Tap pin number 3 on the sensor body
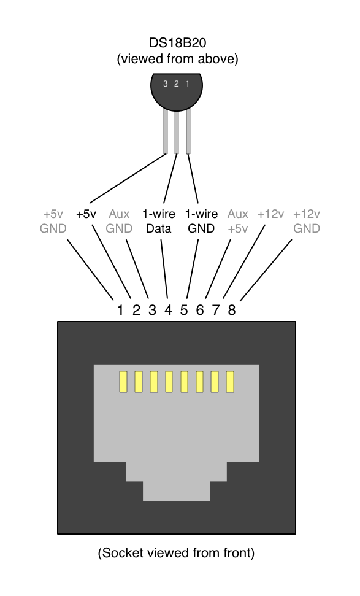[165, 83]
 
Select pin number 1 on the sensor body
[188, 83]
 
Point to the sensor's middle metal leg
[177, 132]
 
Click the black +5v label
[86, 214]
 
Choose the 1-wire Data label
[159, 222]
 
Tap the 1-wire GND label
[201, 222]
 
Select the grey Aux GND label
[119, 222]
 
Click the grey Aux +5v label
[238, 222]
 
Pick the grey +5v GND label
[53, 222]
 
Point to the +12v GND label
[307, 222]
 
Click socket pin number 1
[121, 310]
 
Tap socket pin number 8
[231, 310]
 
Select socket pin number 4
[168, 310]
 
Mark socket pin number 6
[200, 310]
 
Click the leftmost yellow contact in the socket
[123, 382]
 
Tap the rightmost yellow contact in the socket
[231, 382]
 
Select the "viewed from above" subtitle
[177, 60]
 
